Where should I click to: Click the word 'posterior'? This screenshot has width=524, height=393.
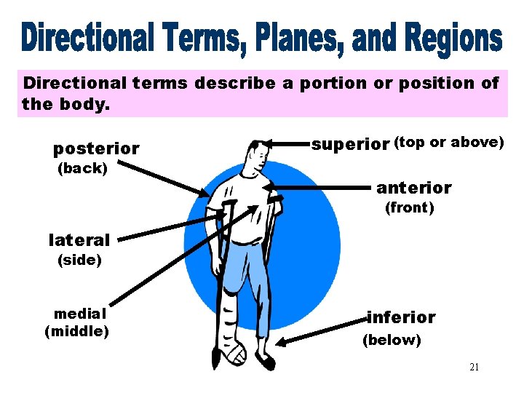pos(96,149)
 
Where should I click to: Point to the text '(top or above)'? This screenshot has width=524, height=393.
pos(448,143)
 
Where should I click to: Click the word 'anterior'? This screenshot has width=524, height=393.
pos(413,188)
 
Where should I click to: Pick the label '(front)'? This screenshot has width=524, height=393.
pos(409,208)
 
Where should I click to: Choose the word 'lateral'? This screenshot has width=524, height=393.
pos(79,239)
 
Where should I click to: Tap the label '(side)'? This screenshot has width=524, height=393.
pos(79,260)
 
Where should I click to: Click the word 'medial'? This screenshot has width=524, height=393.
pos(80,313)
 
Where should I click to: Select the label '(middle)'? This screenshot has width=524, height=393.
pos(77,332)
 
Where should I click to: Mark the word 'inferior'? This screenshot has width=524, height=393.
pos(401,317)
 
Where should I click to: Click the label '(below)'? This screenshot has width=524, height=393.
pos(392,340)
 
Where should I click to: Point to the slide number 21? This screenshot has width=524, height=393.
pos(474,367)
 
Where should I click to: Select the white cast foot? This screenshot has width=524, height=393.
pos(234,355)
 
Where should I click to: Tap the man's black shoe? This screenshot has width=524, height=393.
pos(265,360)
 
